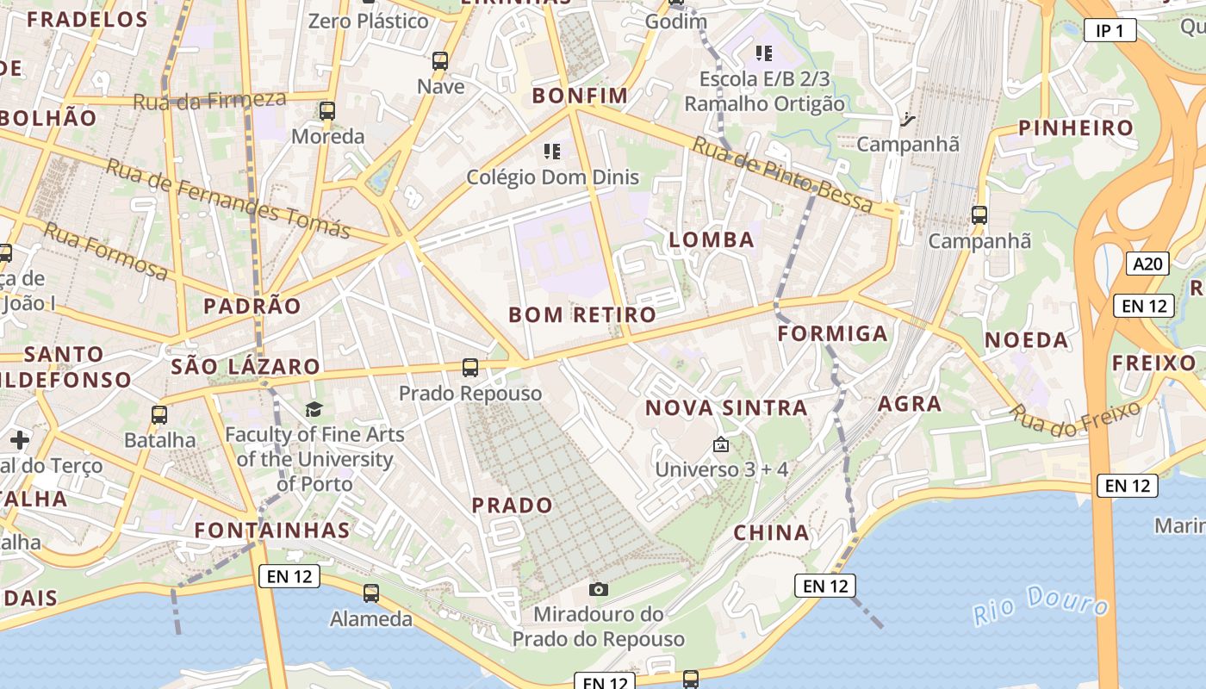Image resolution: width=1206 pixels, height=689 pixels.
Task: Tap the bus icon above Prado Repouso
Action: [x=470, y=368]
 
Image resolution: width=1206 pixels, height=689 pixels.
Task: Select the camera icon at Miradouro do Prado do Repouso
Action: [x=599, y=589]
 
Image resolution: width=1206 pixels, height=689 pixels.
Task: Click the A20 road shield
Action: [x=1147, y=264]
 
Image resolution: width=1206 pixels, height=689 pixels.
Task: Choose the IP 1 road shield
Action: [x=1110, y=31]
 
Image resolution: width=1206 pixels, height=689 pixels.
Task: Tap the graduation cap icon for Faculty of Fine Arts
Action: [x=314, y=409]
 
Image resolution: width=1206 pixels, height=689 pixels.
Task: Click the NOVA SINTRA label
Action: [x=727, y=407]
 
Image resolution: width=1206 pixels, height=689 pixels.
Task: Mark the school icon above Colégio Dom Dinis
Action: [x=552, y=152]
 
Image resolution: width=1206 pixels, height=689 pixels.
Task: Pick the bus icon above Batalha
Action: [x=159, y=415]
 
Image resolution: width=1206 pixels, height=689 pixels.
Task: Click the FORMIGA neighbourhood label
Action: [x=832, y=333]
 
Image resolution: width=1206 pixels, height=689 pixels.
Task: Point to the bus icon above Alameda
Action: [x=371, y=593]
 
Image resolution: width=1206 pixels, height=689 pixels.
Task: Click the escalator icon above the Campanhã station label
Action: [x=907, y=119]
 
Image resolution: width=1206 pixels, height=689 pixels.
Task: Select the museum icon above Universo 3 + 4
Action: [x=721, y=445]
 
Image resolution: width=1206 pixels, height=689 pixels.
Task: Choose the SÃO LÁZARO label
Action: [x=246, y=367]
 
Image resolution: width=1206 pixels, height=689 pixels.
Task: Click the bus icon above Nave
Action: [x=440, y=61]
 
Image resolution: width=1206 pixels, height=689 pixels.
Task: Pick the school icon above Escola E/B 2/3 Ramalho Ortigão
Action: [x=763, y=53]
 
